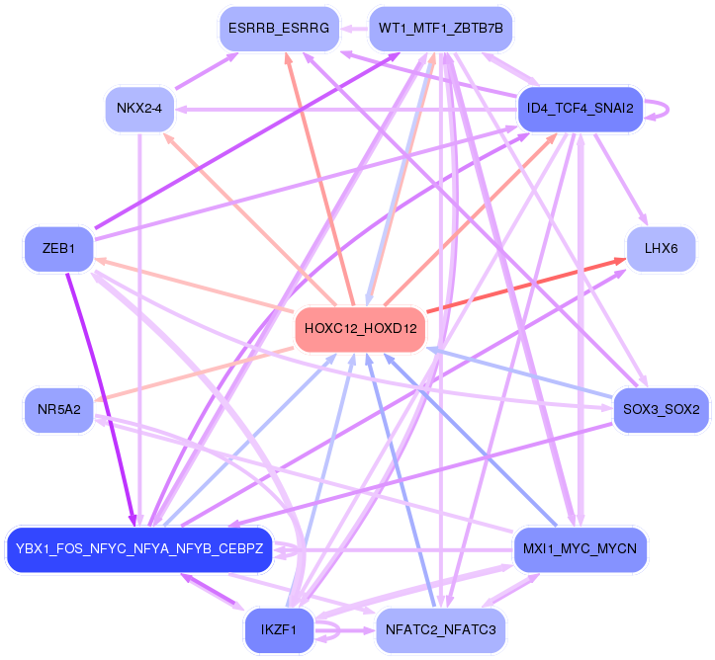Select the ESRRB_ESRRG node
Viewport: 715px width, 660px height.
[x=278, y=29]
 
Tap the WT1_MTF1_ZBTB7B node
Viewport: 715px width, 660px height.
[x=441, y=29]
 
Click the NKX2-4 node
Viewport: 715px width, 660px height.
[x=139, y=109]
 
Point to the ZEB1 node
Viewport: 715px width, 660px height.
[x=58, y=248]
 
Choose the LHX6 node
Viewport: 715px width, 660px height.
[x=661, y=250]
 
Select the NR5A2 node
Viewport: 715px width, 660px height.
[x=58, y=408]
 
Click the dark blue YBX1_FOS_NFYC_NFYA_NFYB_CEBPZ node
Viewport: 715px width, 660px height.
[x=138, y=549]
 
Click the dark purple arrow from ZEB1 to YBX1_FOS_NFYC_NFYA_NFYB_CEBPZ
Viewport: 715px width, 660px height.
[x=99, y=395]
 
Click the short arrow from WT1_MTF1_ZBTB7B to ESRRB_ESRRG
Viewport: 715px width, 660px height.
[x=353, y=29]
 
